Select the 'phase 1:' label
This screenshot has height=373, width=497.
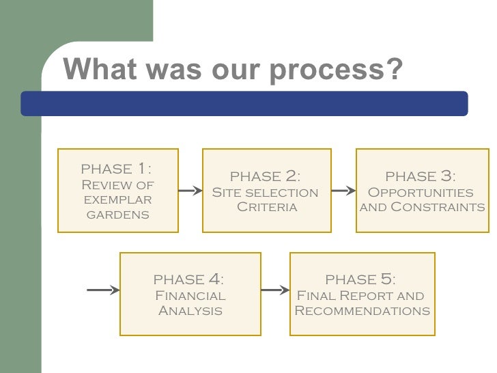point(117,168)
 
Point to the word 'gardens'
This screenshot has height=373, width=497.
point(117,215)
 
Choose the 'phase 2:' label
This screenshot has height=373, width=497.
point(265,177)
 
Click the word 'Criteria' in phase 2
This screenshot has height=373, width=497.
point(266,207)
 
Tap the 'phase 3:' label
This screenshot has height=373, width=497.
point(421,177)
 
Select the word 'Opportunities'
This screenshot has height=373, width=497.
point(421,193)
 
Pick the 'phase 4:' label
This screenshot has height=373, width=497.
point(189,279)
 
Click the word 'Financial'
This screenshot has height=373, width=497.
point(190,296)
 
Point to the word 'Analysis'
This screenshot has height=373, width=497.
point(190,312)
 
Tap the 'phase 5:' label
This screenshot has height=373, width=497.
point(360,279)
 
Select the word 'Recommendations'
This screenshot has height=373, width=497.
point(362,312)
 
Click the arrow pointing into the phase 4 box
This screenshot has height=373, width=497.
point(103,290)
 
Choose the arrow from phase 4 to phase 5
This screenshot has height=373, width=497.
point(275,290)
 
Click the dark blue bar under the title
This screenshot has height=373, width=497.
point(244,103)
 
